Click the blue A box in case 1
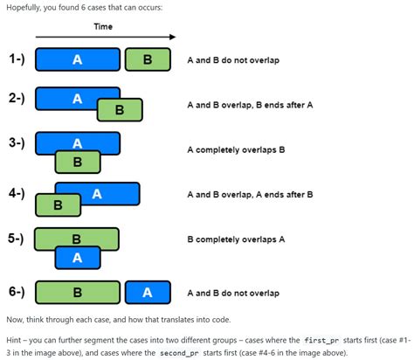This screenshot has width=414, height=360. (77, 59)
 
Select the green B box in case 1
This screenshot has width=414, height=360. (146, 59)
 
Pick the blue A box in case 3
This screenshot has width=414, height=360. (77, 142)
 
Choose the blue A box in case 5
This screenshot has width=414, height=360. (77, 257)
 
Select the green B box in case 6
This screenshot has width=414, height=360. (77, 293)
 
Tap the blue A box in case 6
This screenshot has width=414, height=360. (148, 293)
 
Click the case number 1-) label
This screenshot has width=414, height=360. (17, 59)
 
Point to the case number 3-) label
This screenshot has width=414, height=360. (17, 142)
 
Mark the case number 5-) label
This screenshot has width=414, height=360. (17, 236)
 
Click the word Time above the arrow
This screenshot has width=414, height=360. (103, 27)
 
